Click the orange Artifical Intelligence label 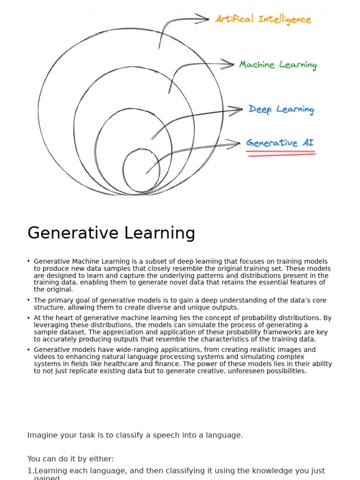[263, 19]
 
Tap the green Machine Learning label [278, 65]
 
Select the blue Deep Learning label [281, 110]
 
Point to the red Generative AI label [280, 142]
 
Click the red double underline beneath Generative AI [281, 154]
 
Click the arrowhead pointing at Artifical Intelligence [203, 19]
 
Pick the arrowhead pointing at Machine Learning [228, 64]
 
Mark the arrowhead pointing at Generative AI [234, 143]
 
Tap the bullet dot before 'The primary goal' [29, 300]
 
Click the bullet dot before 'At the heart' [29, 318]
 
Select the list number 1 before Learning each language [30, 471]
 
